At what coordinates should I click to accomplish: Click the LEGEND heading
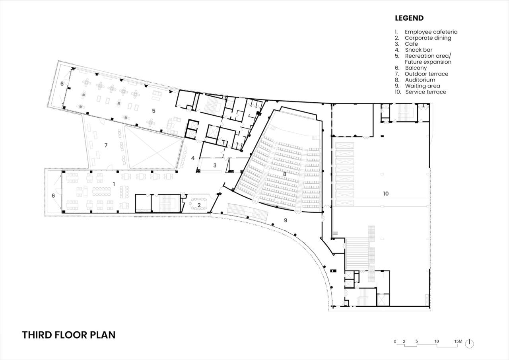tap(409, 18)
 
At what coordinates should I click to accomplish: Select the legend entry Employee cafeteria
tap(431, 32)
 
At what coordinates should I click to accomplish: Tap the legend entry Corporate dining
tap(428, 38)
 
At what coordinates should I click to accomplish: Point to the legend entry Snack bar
tap(419, 50)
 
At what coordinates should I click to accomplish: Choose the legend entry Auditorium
tap(420, 80)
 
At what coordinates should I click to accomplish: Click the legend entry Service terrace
tap(425, 92)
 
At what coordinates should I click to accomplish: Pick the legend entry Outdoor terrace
tap(426, 74)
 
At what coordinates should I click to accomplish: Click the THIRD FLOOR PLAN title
tap(69, 335)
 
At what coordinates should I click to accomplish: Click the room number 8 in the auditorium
tap(284, 174)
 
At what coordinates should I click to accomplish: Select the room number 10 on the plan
tap(386, 194)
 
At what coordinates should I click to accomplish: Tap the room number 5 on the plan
tap(153, 111)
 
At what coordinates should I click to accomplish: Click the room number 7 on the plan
tap(106, 145)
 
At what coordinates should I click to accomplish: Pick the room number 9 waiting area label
tap(286, 220)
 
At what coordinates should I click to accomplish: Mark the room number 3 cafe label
tap(215, 165)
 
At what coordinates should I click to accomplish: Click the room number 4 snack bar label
tap(193, 158)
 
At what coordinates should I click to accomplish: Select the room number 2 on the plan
tap(199, 205)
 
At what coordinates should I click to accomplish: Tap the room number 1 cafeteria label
tap(114, 184)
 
